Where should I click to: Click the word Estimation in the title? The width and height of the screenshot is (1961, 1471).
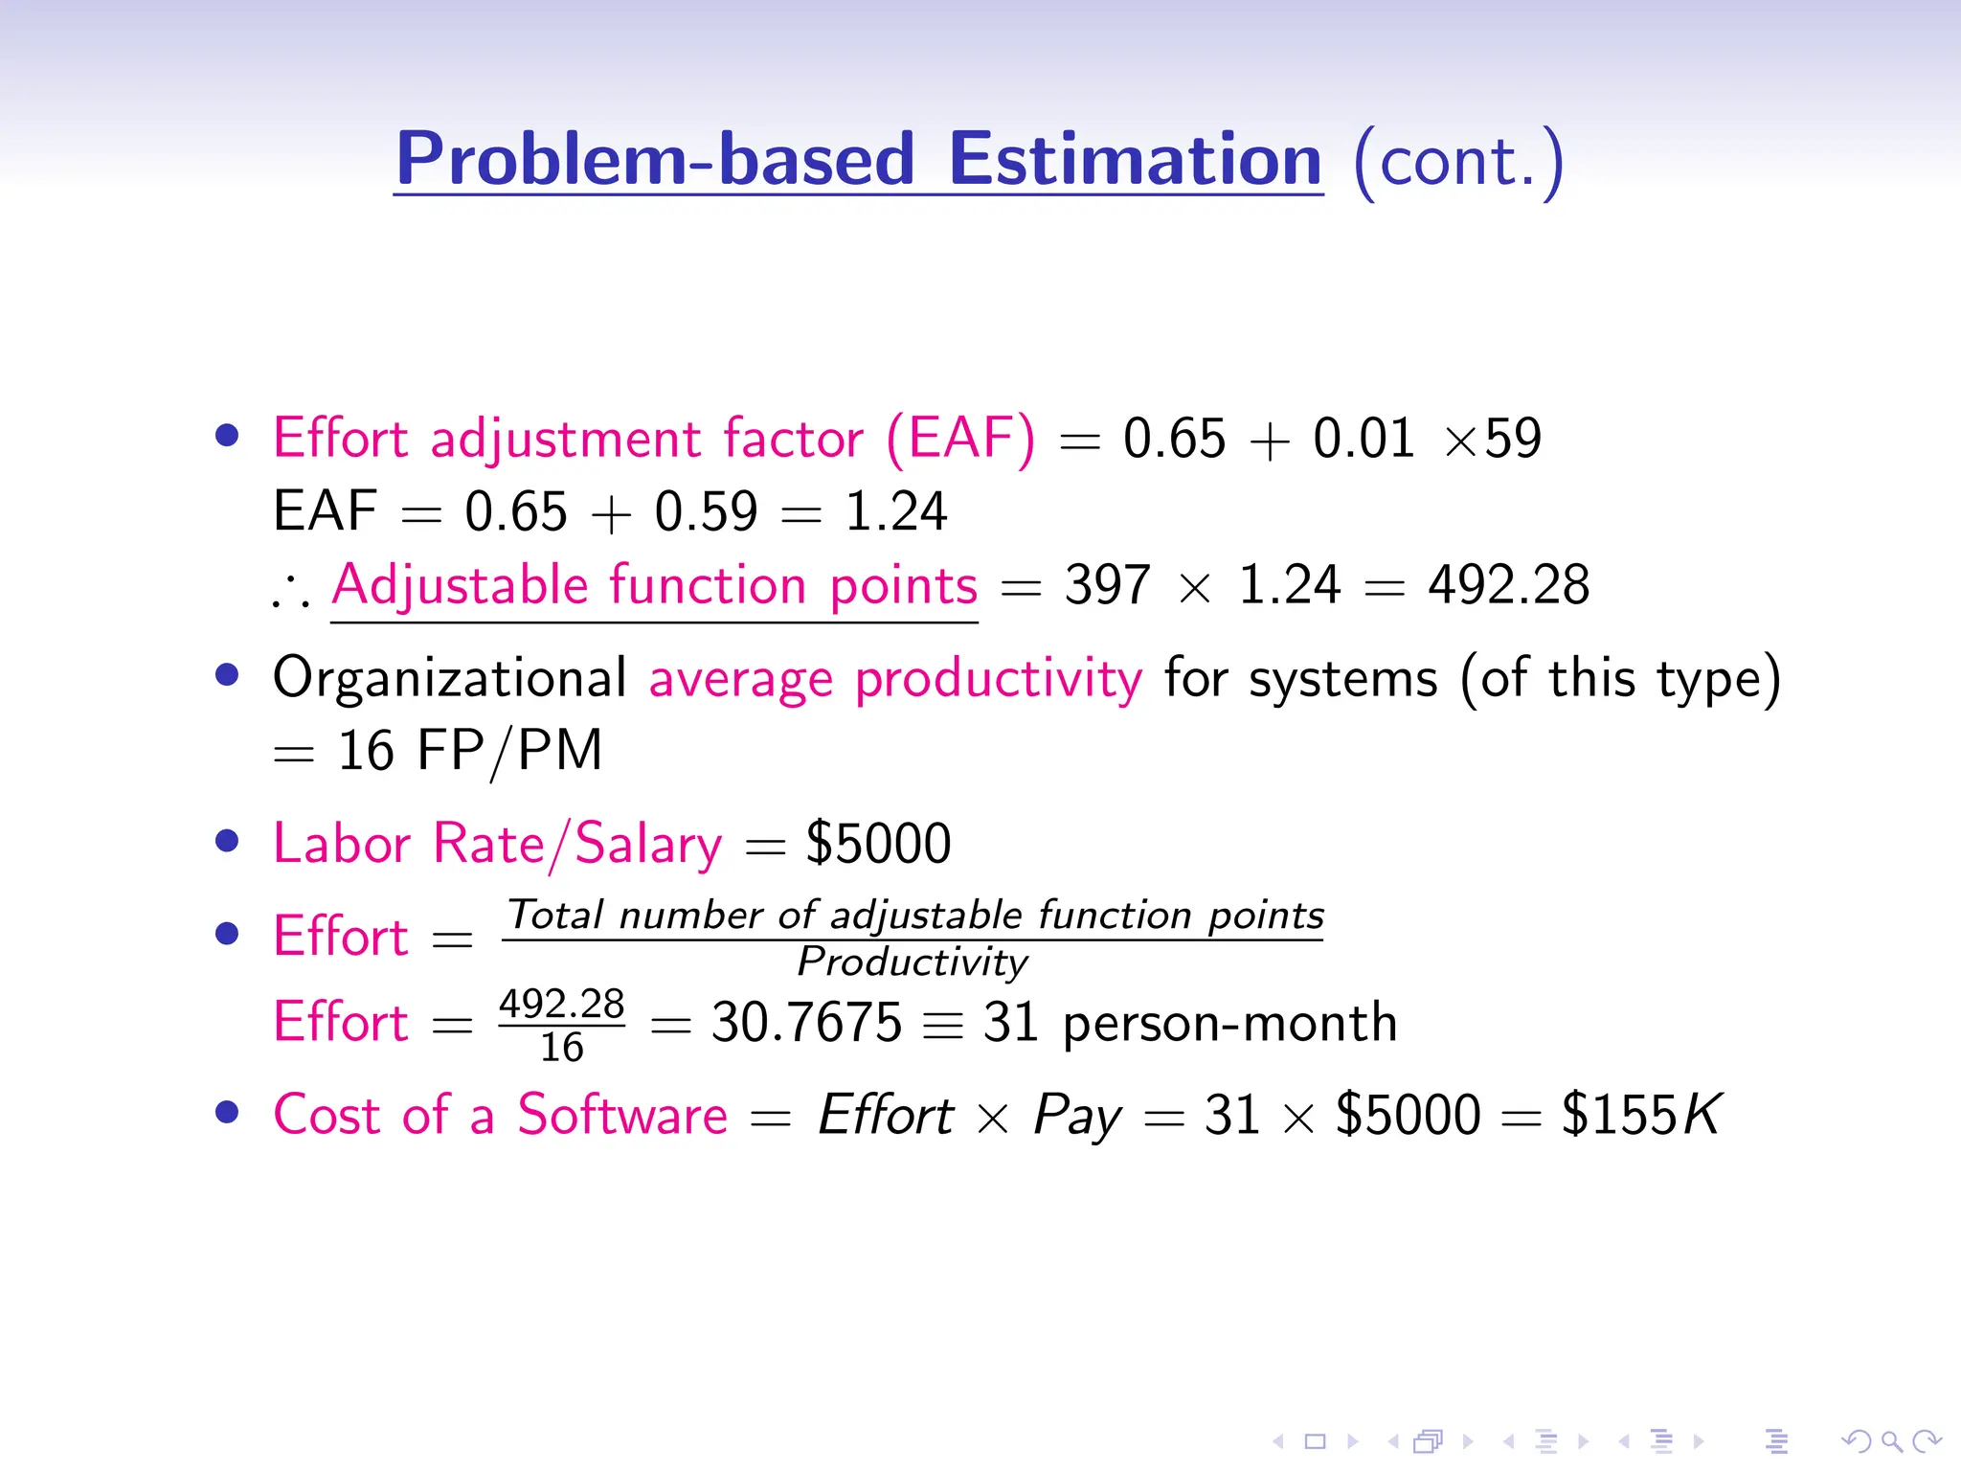[x=1135, y=160]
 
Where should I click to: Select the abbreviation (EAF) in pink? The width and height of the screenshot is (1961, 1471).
[x=960, y=440]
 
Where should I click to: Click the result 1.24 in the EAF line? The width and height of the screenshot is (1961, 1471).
[x=895, y=511]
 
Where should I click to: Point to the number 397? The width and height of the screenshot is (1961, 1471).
[x=1107, y=585]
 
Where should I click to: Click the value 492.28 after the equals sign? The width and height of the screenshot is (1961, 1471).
[x=1508, y=585]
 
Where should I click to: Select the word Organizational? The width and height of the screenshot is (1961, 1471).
[x=450, y=678]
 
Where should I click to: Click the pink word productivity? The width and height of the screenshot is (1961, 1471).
[x=999, y=680]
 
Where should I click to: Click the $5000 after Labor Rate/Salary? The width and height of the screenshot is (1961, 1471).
[x=878, y=844]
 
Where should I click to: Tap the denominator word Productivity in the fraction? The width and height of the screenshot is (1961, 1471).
[x=913, y=962]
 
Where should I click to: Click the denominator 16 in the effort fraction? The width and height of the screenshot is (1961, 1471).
[x=562, y=1048]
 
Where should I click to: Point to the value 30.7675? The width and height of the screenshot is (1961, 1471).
[x=806, y=1023]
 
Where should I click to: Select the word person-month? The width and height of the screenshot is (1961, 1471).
[x=1229, y=1023]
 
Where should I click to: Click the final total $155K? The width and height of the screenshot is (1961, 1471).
[x=1640, y=1115]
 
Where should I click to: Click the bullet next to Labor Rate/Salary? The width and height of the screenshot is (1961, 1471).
[x=227, y=841]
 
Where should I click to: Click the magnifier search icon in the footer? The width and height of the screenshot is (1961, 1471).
[x=1891, y=1440]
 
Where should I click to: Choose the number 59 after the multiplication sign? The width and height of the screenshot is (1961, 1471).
[x=1513, y=439]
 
